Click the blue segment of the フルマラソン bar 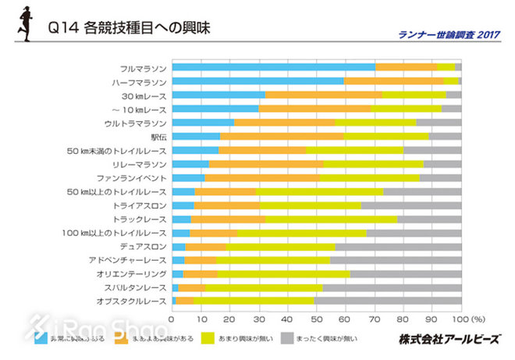[x=273, y=67]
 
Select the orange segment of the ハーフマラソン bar [x=393, y=81]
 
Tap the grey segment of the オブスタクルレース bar [x=387, y=301]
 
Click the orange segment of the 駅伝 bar [x=282, y=136]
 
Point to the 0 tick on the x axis [x=172, y=319]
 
